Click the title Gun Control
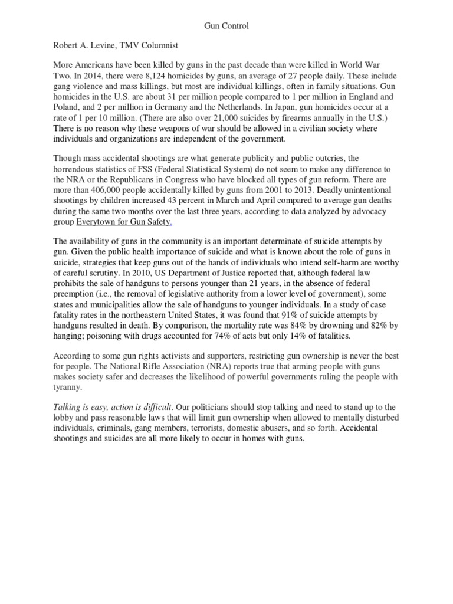(226, 26)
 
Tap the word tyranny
(70, 388)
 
